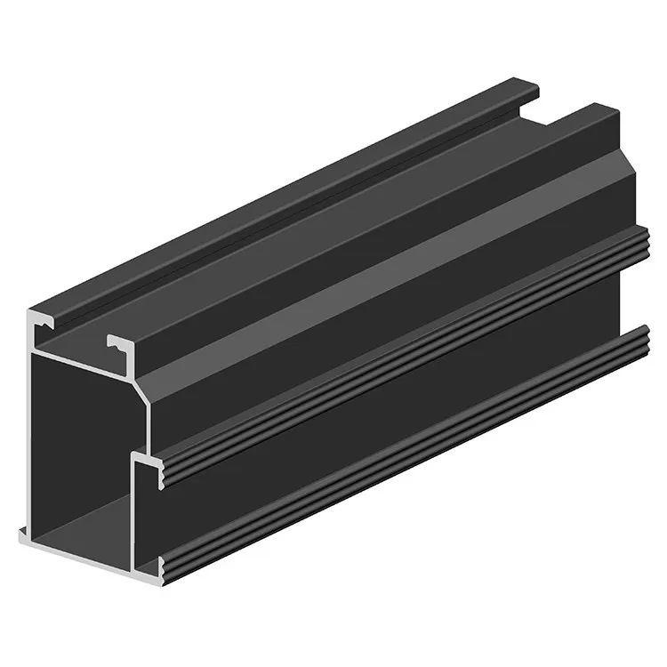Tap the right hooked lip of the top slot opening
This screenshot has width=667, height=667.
point(118,342)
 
